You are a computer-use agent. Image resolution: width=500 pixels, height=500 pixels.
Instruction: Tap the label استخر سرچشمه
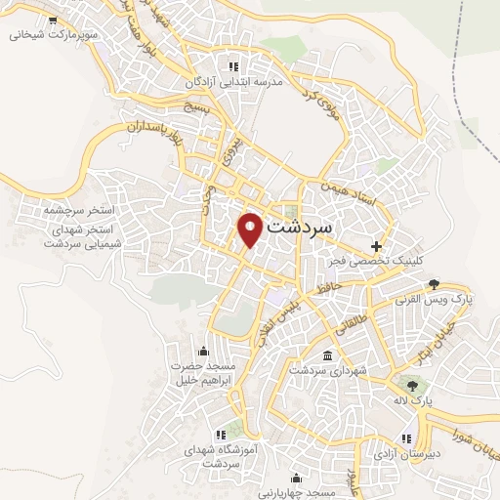pos(79,210)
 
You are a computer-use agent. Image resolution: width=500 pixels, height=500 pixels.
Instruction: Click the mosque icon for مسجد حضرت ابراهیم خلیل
pos(204,351)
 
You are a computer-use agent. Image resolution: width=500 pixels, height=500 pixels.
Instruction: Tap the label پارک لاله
pos(414,399)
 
